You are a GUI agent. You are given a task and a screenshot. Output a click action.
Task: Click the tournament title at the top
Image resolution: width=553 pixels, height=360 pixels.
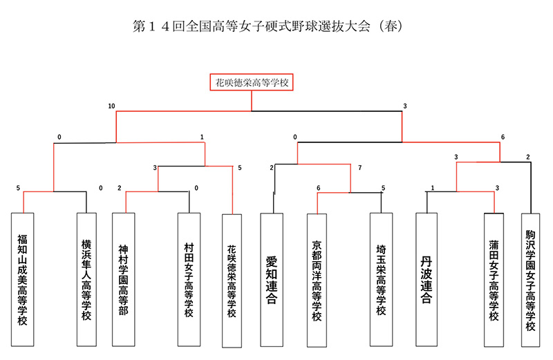coord(268,26)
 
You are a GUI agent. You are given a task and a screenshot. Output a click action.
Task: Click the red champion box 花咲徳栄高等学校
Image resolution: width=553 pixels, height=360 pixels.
coord(252,82)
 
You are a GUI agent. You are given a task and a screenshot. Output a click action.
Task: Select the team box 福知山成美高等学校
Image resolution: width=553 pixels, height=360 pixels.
coord(23,280)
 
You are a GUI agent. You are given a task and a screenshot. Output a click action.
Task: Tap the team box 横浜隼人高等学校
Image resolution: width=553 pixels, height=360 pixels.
coord(86,280)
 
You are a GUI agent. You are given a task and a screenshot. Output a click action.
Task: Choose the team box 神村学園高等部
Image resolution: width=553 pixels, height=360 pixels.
coord(124,280)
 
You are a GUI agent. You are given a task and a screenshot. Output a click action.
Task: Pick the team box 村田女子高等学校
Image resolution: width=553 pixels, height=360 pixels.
coord(189,280)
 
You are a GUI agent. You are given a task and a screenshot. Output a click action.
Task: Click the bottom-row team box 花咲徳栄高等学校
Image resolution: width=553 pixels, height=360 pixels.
coord(232,281)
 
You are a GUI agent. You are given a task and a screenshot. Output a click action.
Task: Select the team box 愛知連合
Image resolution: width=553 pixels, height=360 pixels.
coord(272,280)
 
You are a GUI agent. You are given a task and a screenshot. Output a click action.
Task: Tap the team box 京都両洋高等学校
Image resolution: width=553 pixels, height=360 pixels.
coord(317,281)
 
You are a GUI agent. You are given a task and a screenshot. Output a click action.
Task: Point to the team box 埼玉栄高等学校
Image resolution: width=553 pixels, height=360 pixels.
coord(382,280)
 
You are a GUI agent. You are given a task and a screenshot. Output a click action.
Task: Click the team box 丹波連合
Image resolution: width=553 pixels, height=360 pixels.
coord(427,280)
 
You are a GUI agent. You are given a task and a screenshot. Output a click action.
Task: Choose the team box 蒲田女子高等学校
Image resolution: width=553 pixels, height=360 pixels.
coord(494,280)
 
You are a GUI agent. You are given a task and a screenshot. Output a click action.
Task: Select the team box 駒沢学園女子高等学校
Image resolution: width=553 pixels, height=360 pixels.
coord(530,280)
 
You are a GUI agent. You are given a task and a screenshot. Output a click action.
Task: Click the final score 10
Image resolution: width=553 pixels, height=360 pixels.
coord(111,106)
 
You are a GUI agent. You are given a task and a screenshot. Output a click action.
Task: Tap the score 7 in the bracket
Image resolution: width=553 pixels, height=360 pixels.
coord(359,167)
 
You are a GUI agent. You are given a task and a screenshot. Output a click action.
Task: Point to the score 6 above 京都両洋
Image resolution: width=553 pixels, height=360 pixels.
coord(318,188)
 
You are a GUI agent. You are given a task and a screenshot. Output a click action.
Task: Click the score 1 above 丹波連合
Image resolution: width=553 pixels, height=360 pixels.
coord(433,188)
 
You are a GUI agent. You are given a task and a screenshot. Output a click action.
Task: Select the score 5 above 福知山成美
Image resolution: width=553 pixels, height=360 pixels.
coord(19,188)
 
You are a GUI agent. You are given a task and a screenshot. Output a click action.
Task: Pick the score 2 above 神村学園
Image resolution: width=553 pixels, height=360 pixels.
coord(119,188)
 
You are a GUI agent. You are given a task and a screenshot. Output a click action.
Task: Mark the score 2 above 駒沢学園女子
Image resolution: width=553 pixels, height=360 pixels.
coord(528,157)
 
